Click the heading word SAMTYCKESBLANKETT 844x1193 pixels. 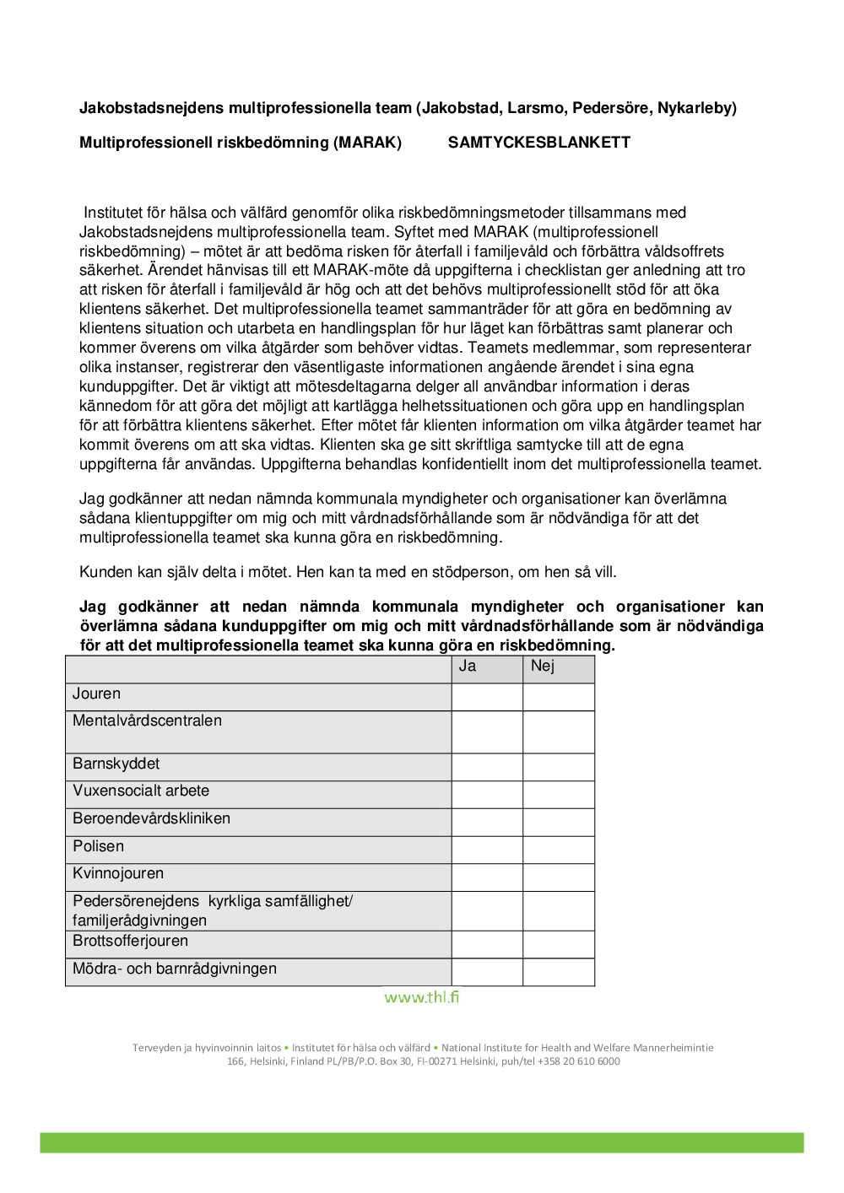click(538, 143)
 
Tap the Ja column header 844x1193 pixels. click(468, 667)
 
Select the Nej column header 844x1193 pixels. click(543, 667)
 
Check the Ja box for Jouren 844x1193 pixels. click(487, 697)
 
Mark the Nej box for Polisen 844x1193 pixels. click(559, 850)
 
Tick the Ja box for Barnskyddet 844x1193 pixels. click(487, 767)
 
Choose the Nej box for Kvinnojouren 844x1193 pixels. click(559, 877)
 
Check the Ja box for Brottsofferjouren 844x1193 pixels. click(487, 944)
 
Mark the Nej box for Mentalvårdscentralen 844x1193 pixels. click(559, 731)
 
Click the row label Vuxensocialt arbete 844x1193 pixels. click(141, 791)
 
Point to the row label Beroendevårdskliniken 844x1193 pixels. click(151, 819)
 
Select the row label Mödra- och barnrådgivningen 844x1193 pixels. click(175, 969)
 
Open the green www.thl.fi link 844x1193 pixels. click(422, 997)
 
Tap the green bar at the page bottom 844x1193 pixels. click(422, 1142)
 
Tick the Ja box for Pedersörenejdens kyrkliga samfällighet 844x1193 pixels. click(487, 911)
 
